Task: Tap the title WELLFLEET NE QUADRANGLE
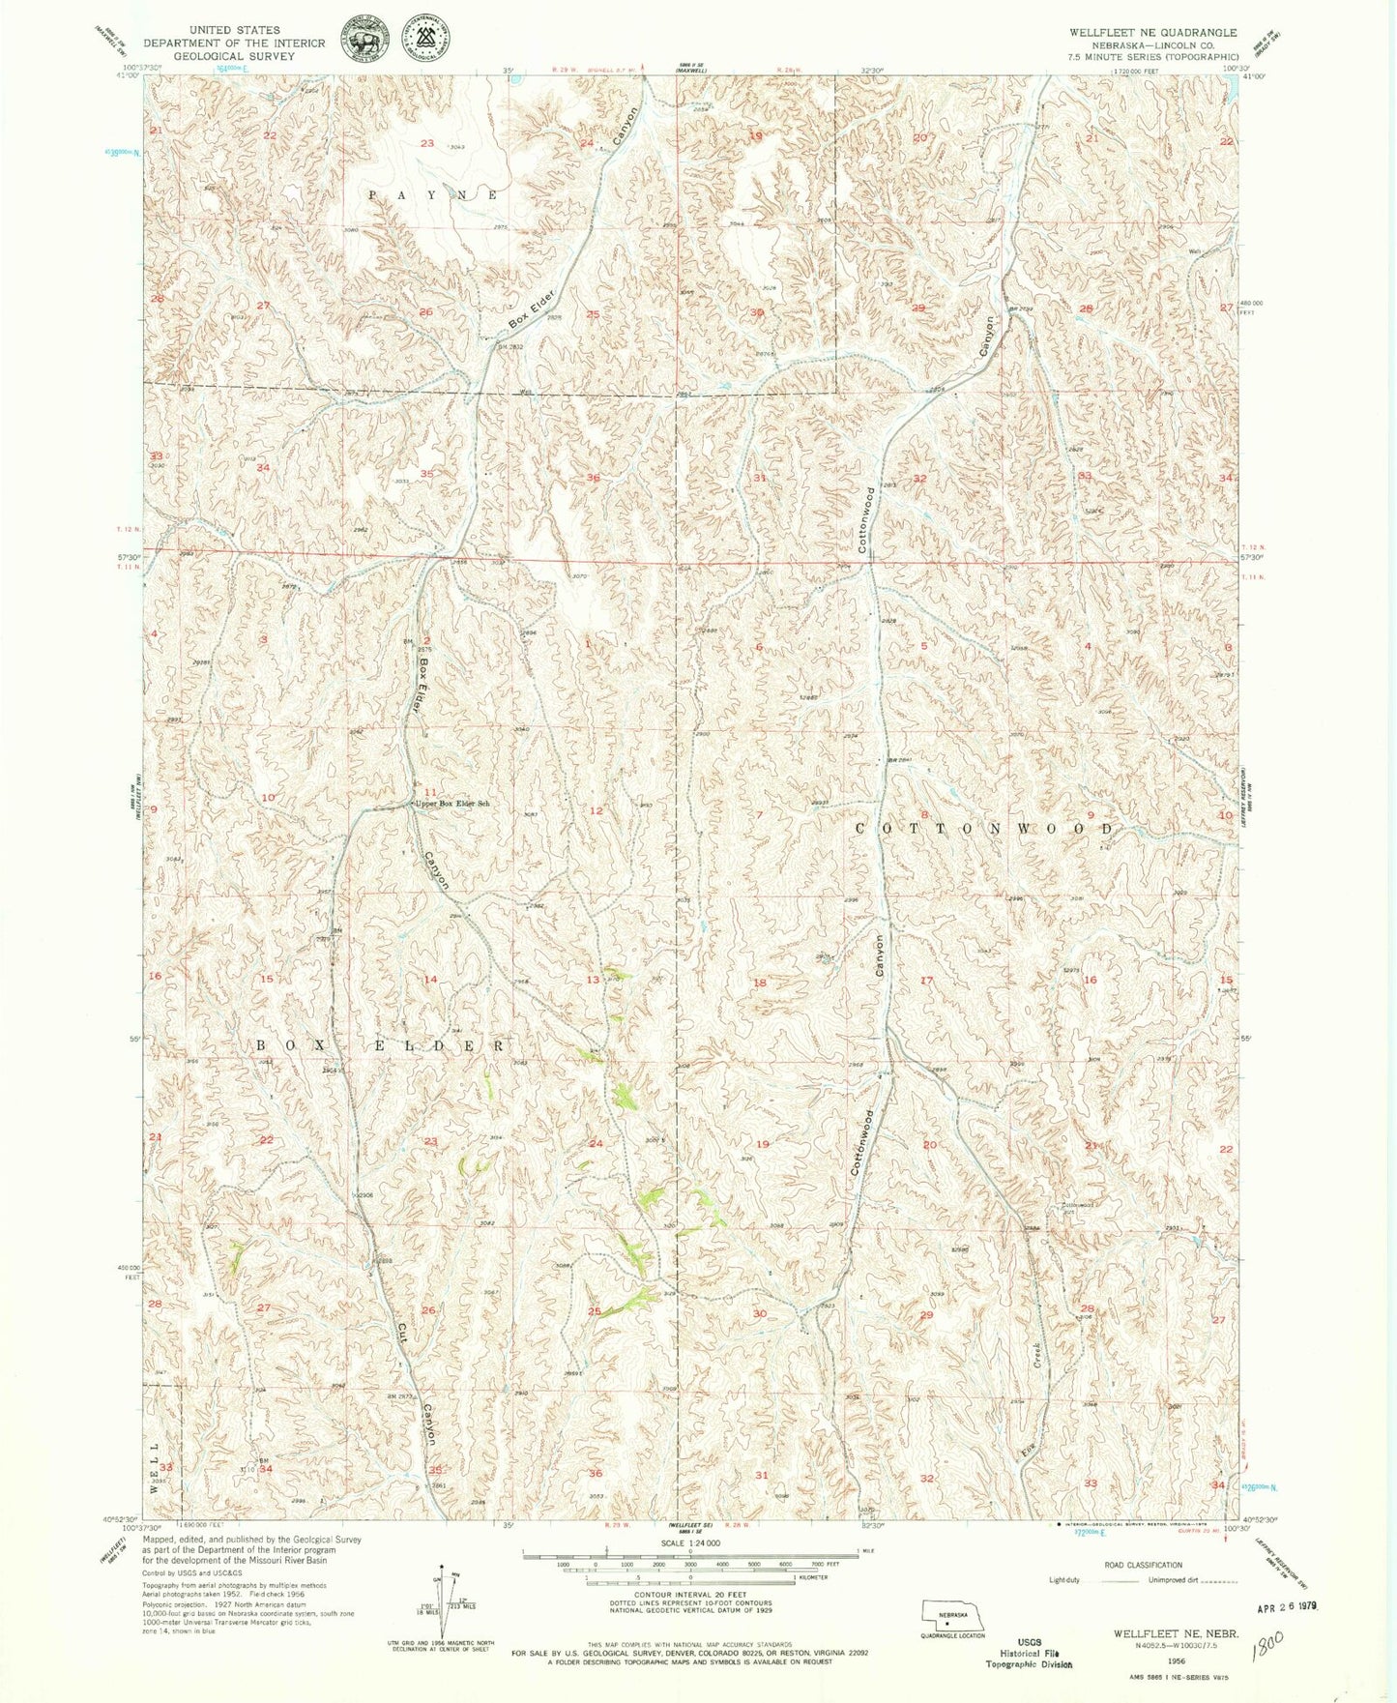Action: (x=1152, y=32)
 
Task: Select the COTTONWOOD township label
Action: (x=985, y=830)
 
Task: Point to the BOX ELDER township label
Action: (x=381, y=1046)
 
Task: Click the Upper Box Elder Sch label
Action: (x=452, y=804)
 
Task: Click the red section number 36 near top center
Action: (x=593, y=478)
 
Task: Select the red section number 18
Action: (x=760, y=983)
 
